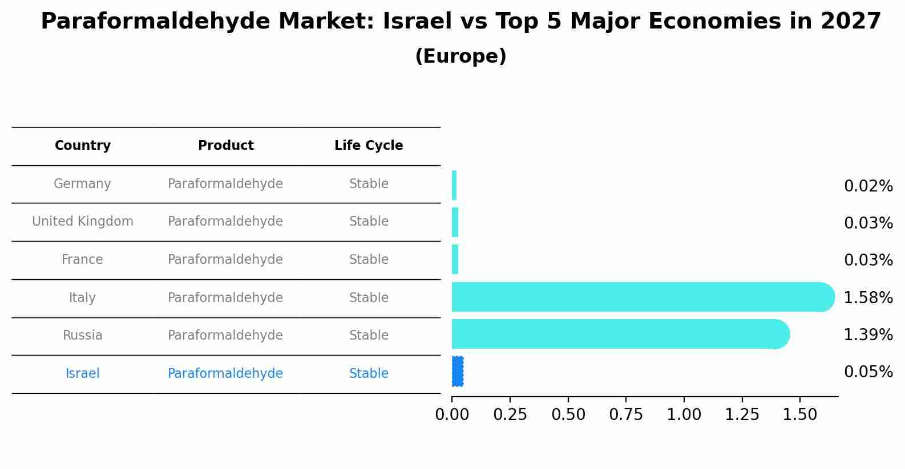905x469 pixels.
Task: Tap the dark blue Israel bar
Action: coord(458,372)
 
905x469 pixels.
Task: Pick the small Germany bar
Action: coord(454,185)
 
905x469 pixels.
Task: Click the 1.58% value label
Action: coord(868,297)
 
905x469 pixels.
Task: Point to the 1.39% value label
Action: coord(868,335)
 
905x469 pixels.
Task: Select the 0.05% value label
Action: coord(868,372)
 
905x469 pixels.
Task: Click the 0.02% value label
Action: coord(868,186)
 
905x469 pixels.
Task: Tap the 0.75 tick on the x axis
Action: coord(626,415)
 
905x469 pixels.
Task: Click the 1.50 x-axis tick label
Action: coord(799,415)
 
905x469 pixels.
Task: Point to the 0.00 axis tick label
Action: coord(452,415)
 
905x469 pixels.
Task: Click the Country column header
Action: coord(83,146)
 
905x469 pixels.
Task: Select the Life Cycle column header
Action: coord(369,146)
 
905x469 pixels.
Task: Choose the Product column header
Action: coord(225,146)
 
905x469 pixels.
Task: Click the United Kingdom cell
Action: coord(83,222)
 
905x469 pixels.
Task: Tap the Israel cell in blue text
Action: coord(83,374)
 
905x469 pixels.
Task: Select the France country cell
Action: coord(83,260)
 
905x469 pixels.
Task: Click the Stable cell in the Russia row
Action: coord(369,336)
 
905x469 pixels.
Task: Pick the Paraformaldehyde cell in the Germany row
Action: coord(225,184)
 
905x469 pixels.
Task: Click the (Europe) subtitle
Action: coord(460,56)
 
